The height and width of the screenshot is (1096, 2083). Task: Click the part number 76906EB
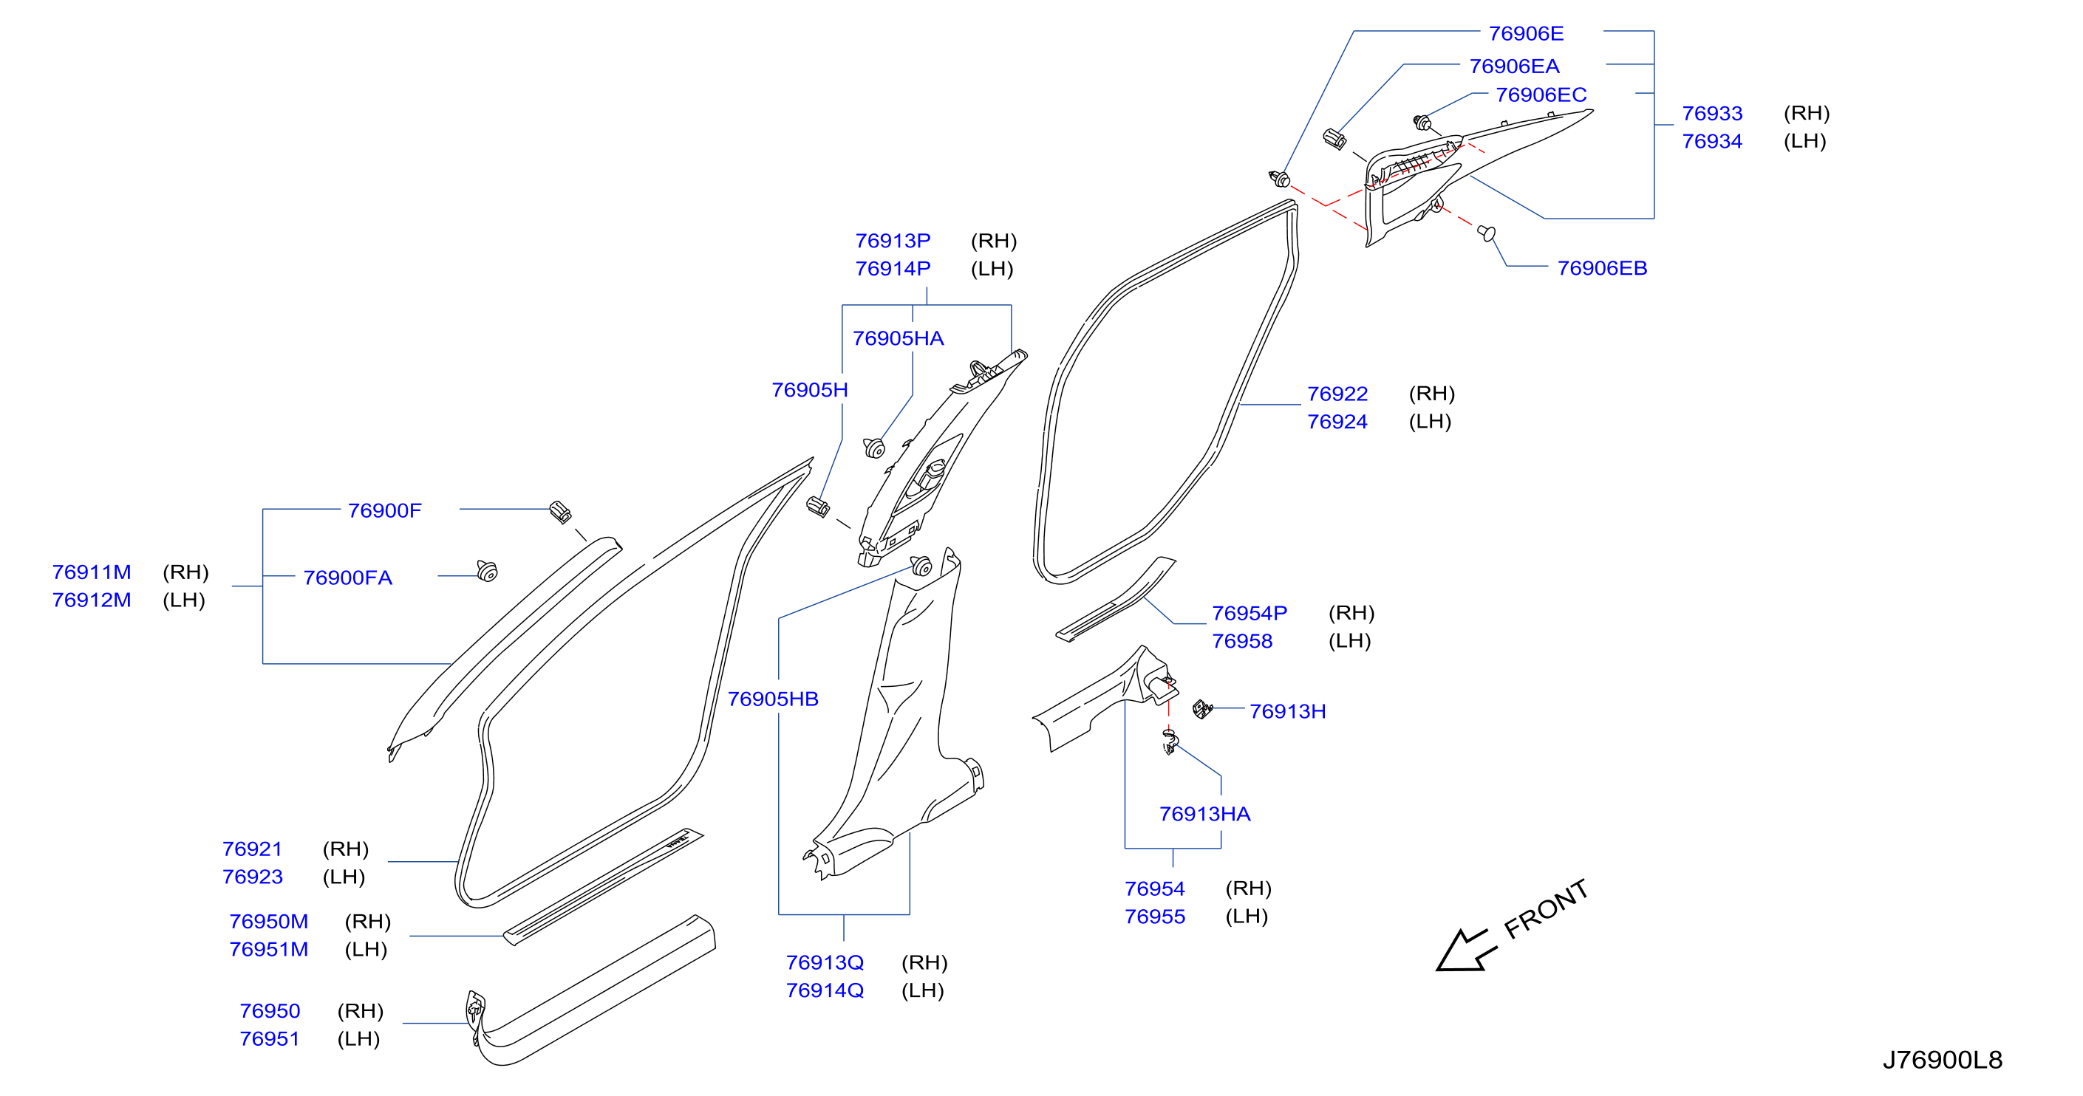coord(1602,267)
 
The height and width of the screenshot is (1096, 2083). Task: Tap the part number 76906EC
coord(1541,95)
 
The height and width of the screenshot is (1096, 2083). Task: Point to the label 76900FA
coord(348,577)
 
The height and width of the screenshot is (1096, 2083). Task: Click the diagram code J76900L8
coord(1943,1059)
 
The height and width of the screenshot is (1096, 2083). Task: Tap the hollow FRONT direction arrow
coord(1466,951)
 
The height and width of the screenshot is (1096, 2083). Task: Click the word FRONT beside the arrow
coord(1546,909)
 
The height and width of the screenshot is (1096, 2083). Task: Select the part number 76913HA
coord(1205,813)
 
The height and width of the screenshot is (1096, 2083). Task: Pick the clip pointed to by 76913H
coord(1202,709)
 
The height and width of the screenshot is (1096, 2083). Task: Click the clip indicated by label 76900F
coord(560,512)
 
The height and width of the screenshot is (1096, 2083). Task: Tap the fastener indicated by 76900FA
coord(487,571)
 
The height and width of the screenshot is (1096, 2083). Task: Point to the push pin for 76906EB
coord(1486,233)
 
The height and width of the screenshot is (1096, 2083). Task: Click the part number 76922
coord(1337,394)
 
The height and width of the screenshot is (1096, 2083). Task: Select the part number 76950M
coord(268,921)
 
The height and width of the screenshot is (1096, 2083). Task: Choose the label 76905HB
coord(773,699)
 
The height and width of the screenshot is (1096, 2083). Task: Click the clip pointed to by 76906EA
coord(1334,139)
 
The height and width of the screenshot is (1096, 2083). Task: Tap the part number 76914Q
coord(825,990)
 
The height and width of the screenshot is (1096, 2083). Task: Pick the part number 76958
coord(1242,640)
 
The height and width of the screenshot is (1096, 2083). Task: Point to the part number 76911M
coord(92,572)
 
